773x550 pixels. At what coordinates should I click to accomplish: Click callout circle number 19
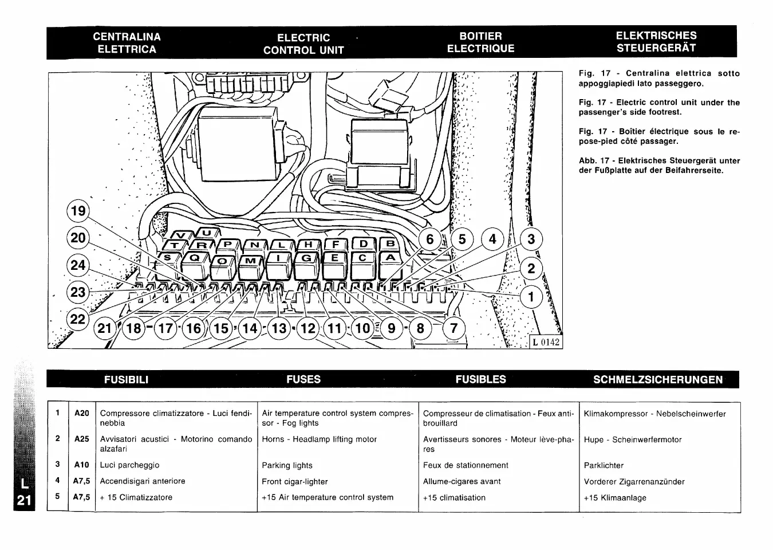click(78, 211)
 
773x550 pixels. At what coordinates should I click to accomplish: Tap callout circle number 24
click(78, 265)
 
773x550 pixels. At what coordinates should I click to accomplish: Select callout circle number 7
click(454, 328)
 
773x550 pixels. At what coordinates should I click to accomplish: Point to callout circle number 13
click(279, 328)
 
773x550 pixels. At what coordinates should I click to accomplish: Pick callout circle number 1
click(531, 297)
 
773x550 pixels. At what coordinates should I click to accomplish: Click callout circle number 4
click(492, 238)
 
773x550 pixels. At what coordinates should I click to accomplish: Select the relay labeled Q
click(194, 259)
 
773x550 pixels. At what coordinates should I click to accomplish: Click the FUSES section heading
click(303, 379)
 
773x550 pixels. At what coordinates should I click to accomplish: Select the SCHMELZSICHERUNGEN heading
click(658, 379)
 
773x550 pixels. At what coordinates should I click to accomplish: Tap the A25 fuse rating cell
click(82, 439)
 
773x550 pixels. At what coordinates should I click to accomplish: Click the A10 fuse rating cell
click(82, 465)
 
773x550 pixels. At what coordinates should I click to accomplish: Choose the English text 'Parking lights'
click(287, 465)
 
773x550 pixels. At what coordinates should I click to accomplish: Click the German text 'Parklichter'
click(604, 465)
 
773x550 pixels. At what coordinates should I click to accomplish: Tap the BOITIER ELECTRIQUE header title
click(480, 43)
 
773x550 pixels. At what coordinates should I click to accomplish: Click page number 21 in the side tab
click(23, 500)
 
